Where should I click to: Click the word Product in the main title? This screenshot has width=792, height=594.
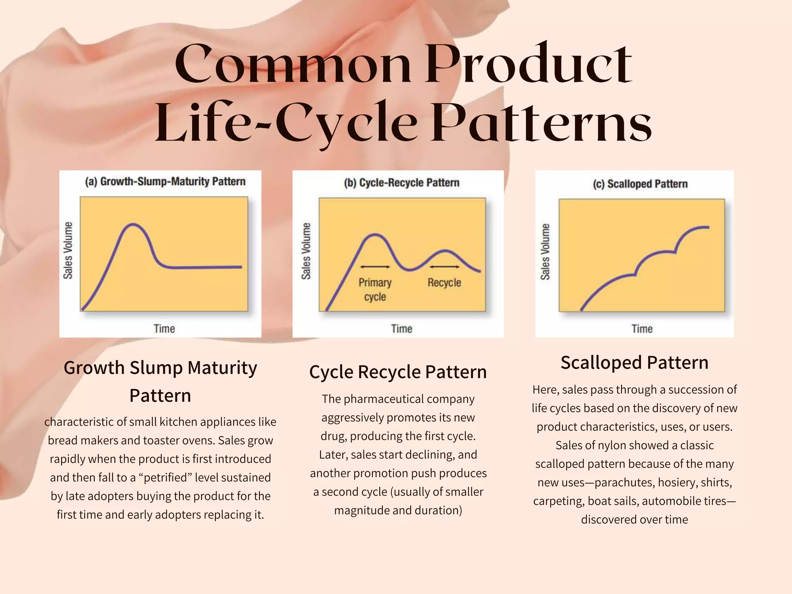click(528, 64)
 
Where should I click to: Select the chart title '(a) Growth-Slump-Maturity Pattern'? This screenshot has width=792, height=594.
click(165, 181)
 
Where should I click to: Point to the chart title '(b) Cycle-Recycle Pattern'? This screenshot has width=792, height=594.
click(401, 183)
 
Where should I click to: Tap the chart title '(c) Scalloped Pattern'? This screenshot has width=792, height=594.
click(640, 184)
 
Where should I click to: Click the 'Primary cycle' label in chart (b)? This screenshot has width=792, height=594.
click(375, 289)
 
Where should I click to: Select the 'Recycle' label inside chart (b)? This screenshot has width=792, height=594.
click(444, 283)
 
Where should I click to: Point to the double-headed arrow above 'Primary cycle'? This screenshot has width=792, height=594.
click(375, 267)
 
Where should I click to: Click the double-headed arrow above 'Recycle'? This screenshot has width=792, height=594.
click(444, 267)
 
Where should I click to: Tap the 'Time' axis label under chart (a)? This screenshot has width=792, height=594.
click(164, 329)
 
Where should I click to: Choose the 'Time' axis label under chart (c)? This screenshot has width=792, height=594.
click(642, 329)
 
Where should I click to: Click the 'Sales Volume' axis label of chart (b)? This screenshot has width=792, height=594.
click(306, 251)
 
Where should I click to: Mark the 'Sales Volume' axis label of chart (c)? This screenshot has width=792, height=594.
click(545, 252)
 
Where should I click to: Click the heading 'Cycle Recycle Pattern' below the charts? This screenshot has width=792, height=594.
click(398, 372)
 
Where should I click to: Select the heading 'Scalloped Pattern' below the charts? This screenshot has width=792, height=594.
click(634, 363)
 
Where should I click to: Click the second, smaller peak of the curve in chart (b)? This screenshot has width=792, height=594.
click(445, 251)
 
